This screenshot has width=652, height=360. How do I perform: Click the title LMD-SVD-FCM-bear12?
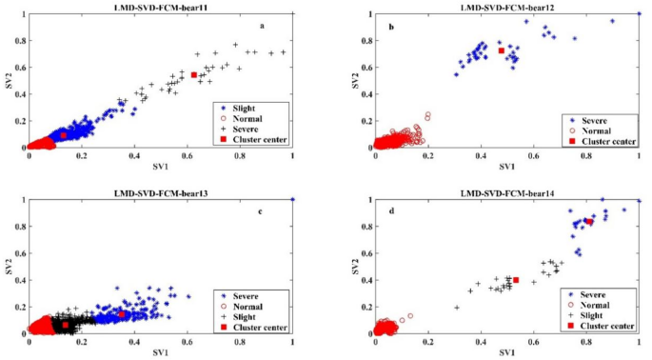[x=507, y=7]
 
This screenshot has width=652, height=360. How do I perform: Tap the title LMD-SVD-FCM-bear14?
[x=507, y=192]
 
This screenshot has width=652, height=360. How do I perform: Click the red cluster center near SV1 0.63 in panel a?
[x=194, y=74]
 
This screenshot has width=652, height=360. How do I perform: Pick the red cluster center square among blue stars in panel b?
[x=501, y=50]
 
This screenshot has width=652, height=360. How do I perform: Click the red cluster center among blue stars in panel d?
[x=589, y=222]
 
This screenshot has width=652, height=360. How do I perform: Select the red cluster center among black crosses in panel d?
[x=516, y=280]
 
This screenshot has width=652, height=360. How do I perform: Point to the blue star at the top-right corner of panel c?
[x=292, y=199]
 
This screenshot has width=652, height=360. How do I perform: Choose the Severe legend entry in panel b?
[x=598, y=118]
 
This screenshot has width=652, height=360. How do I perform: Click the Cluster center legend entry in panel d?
[x=606, y=326]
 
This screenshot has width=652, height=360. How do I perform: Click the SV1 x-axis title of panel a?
[x=160, y=166]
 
